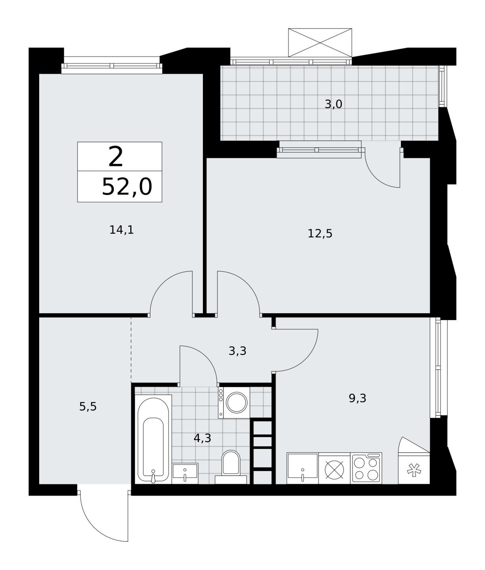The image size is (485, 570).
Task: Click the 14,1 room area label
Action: tap(122, 230)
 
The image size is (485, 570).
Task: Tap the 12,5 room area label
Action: tap(320, 234)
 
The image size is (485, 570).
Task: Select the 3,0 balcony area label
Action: tap(333, 104)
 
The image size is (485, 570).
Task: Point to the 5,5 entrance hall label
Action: tap(88, 407)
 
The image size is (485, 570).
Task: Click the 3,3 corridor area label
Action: tap(237, 351)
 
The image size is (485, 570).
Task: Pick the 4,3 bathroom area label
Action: tap(202, 438)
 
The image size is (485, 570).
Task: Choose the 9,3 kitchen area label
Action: tap(357, 398)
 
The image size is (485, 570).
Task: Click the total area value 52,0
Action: tap(127, 187)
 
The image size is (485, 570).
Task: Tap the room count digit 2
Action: tap(116, 157)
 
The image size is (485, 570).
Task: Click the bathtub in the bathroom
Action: tap(153, 439)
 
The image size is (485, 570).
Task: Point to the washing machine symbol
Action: tap(234, 402)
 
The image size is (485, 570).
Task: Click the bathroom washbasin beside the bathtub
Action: tap(185, 474)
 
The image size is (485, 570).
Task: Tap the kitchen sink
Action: tap(303, 468)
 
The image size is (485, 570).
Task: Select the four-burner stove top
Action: tap(366, 468)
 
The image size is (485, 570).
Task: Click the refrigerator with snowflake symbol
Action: tap(414, 468)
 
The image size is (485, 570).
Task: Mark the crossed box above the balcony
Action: tap(320, 43)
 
